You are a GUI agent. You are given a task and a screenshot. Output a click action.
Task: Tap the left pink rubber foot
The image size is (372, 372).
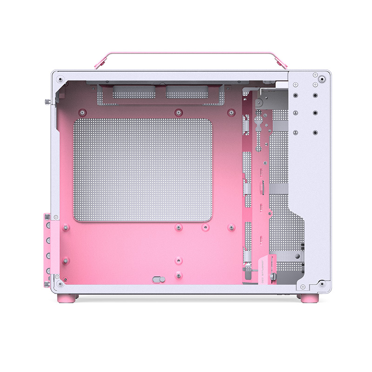point(66,299)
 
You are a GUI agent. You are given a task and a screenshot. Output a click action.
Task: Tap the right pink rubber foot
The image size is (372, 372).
point(309,299)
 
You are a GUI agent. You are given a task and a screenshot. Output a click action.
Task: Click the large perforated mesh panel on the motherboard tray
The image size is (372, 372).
point(143,170)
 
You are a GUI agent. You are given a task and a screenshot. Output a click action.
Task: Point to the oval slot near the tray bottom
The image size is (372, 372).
point(159,279)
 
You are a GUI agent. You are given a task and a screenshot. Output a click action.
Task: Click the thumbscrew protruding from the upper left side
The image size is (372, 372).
point(48,102)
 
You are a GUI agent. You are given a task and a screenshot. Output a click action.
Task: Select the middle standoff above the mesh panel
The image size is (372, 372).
point(179,113)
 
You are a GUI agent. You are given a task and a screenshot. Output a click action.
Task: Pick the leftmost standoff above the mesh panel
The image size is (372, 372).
point(82,113)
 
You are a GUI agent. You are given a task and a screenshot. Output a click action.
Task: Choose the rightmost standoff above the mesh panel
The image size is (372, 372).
point(230,112)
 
